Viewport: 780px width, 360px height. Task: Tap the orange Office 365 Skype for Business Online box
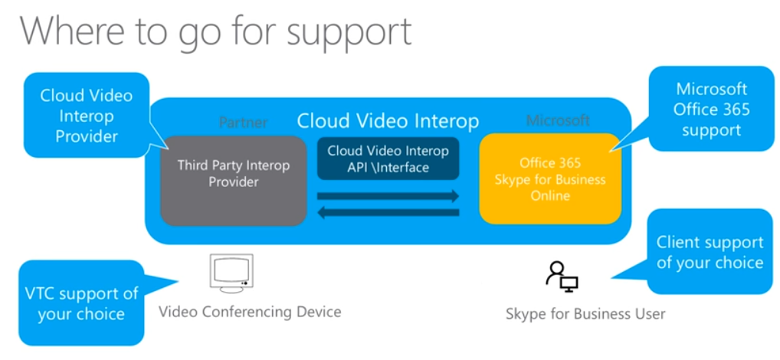pos(549,178)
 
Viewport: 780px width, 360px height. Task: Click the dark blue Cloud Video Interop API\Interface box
pos(388,158)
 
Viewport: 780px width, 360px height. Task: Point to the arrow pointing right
pos(388,196)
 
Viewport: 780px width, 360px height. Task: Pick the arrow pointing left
pos(388,213)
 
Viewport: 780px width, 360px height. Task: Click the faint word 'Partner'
pos(243,122)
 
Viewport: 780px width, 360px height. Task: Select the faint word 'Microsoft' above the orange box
pos(558,120)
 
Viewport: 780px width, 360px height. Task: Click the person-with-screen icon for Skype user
pos(562,276)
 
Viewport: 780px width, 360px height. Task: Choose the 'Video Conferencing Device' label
pos(250,312)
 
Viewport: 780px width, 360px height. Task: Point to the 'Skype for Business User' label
pos(585,313)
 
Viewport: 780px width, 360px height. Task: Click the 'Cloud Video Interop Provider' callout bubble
pos(86,116)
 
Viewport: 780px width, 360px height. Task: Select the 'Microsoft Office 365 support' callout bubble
pos(711,110)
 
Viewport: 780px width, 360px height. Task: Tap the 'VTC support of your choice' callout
pos(81,303)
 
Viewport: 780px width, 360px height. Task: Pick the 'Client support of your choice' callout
pos(710,252)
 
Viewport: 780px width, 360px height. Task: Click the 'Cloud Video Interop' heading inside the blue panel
pos(388,121)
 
